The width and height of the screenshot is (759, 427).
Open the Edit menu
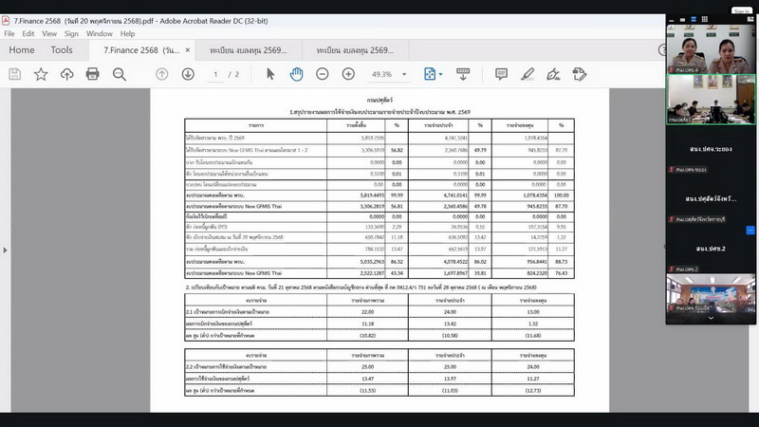[x=28, y=33]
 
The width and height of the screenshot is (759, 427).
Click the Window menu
[x=100, y=33]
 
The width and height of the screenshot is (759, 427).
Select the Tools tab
[x=62, y=50]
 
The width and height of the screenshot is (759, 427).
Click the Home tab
[x=21, y=50]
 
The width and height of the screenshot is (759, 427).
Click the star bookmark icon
[x=41, y=74]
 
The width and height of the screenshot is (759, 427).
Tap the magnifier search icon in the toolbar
[x=120, y=74]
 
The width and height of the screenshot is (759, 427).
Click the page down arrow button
[x=188, y=74]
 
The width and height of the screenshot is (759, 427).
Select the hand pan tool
[x=296, y=74]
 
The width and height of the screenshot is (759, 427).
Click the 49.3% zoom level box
[x=387, y=74]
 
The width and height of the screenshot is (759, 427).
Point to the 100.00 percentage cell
[x=561, y=195]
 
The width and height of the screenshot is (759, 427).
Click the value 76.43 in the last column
[x=561, y=272]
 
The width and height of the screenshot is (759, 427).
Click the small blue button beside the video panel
[x=750, y=230]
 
